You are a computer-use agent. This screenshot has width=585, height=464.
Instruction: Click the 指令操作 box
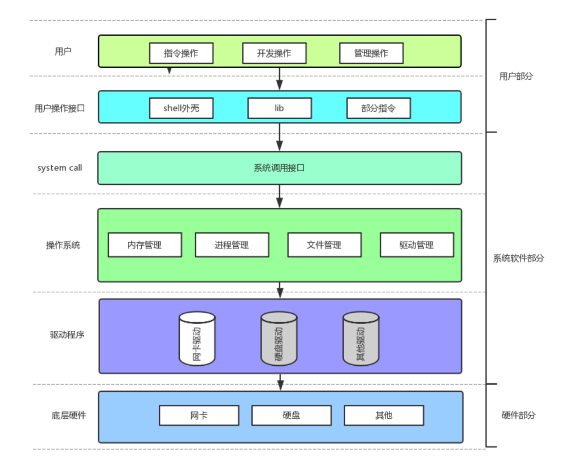181,53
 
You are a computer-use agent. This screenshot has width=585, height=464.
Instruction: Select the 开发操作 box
274,53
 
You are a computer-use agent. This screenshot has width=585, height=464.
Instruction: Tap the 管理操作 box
371,53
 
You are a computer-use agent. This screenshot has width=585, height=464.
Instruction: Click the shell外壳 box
181,108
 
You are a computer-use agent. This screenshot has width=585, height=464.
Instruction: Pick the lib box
279,108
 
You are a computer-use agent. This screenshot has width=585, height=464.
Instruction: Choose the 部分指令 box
378,108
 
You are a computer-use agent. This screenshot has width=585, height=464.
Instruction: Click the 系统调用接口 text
279,168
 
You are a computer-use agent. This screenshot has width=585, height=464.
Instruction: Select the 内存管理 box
145,245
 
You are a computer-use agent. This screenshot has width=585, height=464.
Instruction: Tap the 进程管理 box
232,245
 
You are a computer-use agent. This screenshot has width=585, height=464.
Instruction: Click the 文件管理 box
324,245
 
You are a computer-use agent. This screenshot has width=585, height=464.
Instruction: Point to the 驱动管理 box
417,245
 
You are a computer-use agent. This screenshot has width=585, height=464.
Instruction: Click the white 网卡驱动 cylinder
197,338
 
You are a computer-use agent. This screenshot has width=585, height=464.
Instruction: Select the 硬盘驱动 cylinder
279,338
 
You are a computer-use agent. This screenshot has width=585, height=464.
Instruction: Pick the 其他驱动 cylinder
361,338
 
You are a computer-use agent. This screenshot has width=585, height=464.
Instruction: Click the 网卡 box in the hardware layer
199,415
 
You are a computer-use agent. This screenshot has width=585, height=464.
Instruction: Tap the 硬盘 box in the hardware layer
292,415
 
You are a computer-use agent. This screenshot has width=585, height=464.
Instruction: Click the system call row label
60,168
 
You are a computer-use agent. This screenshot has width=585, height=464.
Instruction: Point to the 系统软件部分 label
518,259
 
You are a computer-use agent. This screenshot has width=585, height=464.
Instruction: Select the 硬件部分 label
518,415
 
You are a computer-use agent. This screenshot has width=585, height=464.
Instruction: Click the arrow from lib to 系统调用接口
279,137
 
